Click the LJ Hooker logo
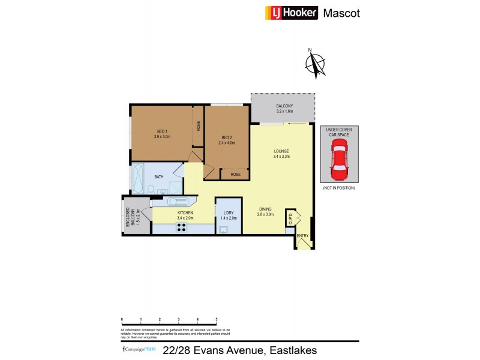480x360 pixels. pos(292,13)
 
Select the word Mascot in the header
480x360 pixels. pos(341,13)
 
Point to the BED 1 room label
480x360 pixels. pos(162,134)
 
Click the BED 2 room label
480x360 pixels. pos(227,140)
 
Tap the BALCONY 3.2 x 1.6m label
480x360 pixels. pos(284,109)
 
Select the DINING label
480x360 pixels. pos(265,211)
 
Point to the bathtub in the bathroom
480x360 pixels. pos(139,178)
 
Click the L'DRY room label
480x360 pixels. pos(229,215)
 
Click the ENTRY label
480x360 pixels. pos(303,236)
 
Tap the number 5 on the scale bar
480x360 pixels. pos(216,319)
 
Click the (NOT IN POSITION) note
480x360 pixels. pos(339,188)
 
